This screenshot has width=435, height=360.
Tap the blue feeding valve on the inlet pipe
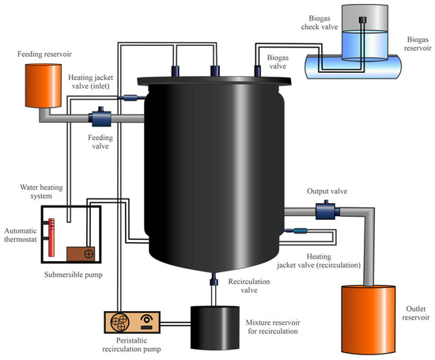point(101,119)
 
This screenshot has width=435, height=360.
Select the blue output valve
point(325,210)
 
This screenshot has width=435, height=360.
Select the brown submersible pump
point(81,254)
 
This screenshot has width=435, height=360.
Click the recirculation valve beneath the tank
point(213,280)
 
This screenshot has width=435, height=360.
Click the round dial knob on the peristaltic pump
point(147,320)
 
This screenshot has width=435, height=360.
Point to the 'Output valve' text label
point(326,191)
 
